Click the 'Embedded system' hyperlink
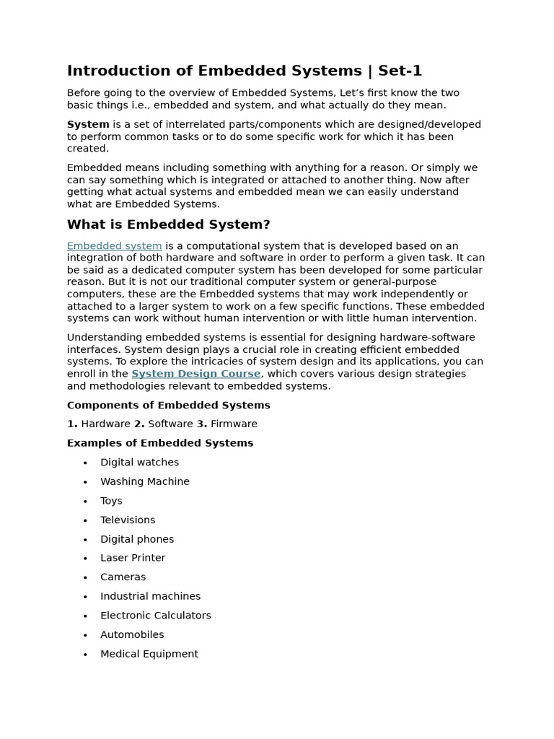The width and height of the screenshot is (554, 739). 114,246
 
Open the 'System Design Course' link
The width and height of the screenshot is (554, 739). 195,374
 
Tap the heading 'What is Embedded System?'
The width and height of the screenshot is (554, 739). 168,224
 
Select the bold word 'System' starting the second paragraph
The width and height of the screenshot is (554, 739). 88,124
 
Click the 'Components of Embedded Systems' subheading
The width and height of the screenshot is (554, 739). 168,405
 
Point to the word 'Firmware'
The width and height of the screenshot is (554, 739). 234,424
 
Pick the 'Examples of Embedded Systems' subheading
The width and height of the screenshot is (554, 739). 160,443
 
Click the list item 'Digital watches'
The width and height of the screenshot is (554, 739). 139,463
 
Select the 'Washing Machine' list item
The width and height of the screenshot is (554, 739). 144,481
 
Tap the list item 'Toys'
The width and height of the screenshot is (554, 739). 111,501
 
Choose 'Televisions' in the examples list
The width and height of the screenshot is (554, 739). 128,520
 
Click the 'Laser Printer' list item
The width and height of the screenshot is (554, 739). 133,558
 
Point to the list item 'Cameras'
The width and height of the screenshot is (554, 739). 123,577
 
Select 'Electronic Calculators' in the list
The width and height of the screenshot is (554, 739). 155,616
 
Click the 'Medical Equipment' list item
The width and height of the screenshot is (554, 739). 149,654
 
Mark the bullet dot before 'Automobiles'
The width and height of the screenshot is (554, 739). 85,635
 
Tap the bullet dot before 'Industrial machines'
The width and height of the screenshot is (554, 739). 85,597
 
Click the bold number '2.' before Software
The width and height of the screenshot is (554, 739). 139,424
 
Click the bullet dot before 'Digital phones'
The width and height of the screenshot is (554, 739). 85,540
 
